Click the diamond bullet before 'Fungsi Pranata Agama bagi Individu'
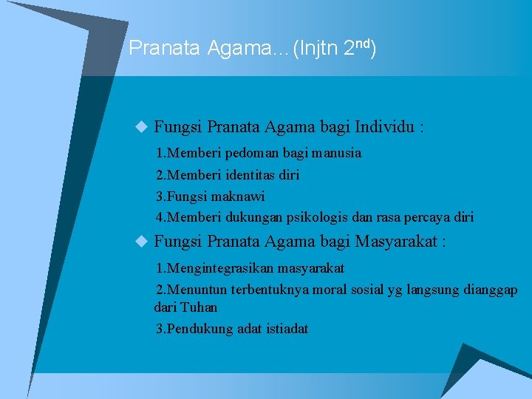(x=143, y=127)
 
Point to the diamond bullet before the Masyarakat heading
(x=143, y=241)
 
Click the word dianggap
(x=488, y=289)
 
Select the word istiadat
(x=284, y=329)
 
